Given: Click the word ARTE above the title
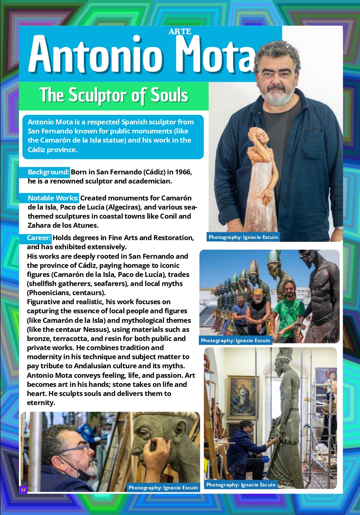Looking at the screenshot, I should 180,31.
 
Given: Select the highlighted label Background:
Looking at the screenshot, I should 48,172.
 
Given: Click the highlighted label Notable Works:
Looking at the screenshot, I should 53,198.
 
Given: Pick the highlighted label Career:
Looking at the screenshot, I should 39,238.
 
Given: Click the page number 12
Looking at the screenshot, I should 23,490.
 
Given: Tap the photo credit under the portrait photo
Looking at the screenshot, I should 243,237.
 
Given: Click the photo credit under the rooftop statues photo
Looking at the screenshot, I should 236,340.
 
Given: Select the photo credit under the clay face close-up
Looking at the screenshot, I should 163,487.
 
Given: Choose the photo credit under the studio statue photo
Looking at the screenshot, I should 241,484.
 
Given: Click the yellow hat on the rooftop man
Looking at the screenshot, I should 258,291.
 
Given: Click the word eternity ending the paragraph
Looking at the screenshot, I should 41,403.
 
